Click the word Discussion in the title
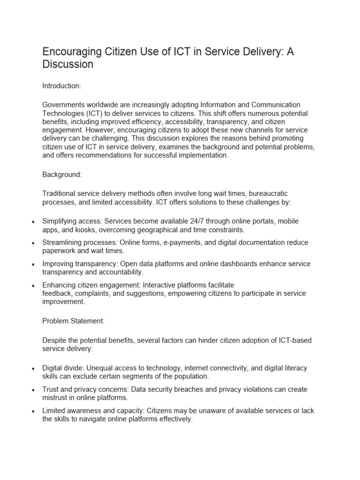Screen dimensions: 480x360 68,64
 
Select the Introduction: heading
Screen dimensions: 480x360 62,86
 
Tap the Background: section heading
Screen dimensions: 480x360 62,174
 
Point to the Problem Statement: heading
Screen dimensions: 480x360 74,321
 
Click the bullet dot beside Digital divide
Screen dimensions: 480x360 32,369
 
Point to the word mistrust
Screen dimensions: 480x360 56,398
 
